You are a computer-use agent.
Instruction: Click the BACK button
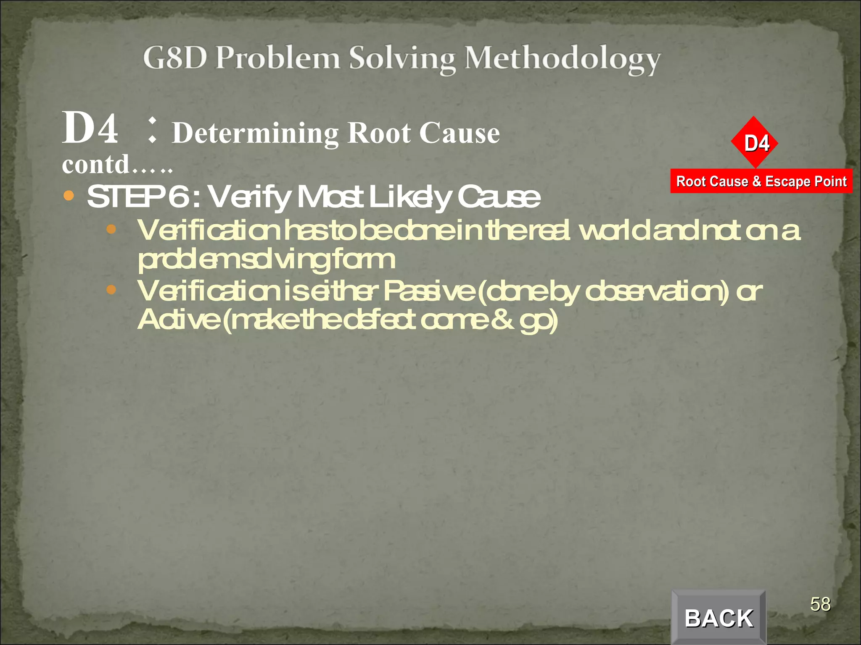coord(718,618)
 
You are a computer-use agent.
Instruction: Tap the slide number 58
coord(820,604)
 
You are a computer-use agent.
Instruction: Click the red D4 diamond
coord(755,143)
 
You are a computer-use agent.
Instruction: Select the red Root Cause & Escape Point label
coord(761,181)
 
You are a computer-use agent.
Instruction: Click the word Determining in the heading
coord(256,134)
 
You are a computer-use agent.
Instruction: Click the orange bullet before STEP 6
coord(69,196)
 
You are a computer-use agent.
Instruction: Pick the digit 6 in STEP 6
coord(179,197)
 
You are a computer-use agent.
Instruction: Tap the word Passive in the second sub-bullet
coord(429,291)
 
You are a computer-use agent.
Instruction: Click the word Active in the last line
coord(178,320)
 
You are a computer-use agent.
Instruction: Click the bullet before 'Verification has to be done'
coord(111,229)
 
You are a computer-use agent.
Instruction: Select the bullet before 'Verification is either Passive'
coord(111,290)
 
